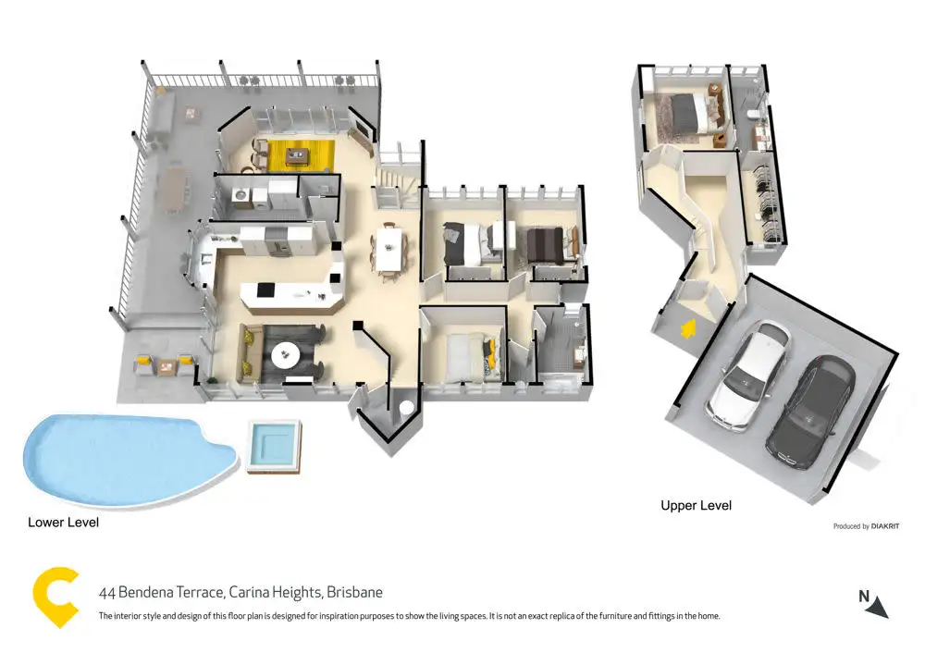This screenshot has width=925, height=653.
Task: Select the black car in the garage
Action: tap(811, 409)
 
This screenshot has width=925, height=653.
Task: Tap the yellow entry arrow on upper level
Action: tap(686, 328)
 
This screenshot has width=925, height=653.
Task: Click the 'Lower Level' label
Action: tap(63, 523)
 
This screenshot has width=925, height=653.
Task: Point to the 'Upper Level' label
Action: tap(696, 506)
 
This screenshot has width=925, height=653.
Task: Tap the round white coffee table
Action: tap(284, 352)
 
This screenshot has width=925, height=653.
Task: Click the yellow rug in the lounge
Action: tap(294, 154)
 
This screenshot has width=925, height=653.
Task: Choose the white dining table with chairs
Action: tap(389, 248)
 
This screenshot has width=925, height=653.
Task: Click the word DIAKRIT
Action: tap(886, 526)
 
